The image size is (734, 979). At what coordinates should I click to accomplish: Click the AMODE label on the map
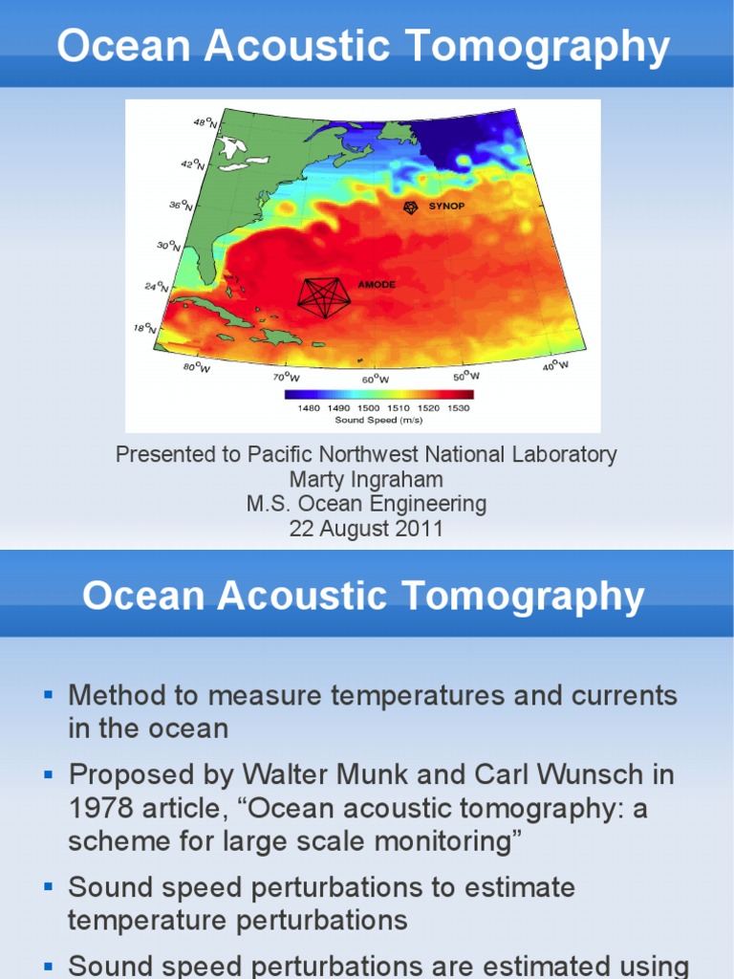click(x=377, y=285)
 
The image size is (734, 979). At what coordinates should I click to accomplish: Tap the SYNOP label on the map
click(x=446, y=206)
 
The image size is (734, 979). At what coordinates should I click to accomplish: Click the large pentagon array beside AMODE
click(x=323, y=297)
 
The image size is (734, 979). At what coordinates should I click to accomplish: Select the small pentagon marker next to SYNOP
click(x=410, y=207)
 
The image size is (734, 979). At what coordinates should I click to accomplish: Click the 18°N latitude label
click(x=143, y=328)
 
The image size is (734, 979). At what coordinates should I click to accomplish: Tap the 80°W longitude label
click(x=196, y=368)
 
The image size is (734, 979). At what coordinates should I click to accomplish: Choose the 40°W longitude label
click(x=555, y=365)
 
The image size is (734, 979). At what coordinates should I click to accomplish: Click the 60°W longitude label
click(x=375, y=380)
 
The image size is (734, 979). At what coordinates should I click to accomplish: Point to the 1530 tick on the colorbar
click(x=458, y=408)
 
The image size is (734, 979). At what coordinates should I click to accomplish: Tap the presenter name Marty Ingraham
click(x=366, y=479)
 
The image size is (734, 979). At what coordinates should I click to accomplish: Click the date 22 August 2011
click(x=366, y=528)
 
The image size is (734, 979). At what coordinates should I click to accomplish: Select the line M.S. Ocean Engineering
click(x=366, y=504)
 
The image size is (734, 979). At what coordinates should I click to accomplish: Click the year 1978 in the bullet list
click(x=96, y=808)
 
